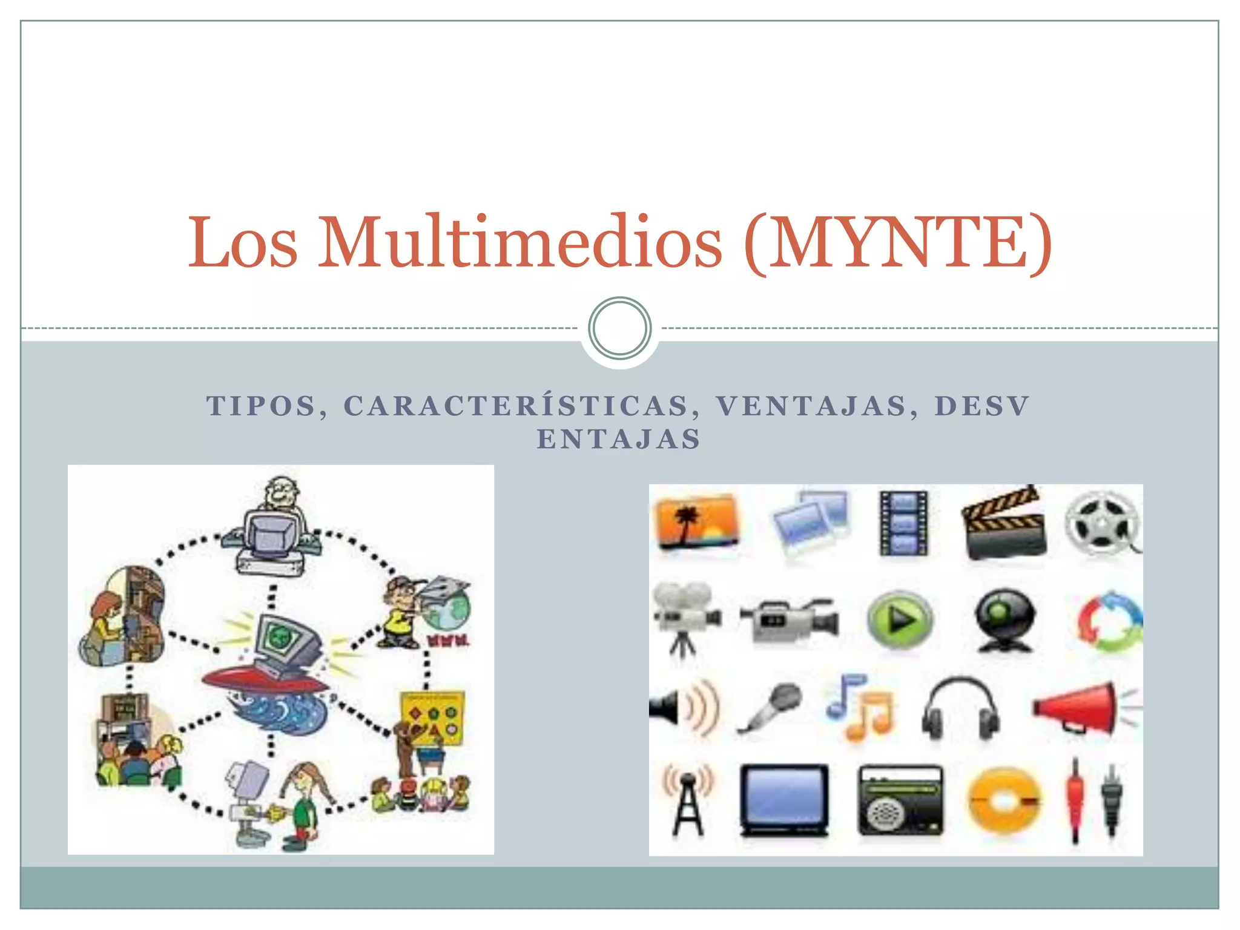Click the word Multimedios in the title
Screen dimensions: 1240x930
[x=521, y=242]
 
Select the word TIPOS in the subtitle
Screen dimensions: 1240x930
[x=262, y=406]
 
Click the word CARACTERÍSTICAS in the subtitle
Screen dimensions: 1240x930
[x=516, y=406]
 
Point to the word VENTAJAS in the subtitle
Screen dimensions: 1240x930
[x=811, y=406]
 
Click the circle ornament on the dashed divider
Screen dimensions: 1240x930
[x=619, y=328]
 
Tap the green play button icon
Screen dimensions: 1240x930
[x=900, y=619]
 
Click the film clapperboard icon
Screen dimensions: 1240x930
[x=1004, y=523]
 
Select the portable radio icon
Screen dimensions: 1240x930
[x=900, y=800]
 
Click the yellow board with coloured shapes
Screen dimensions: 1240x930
[x=433, y=717]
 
